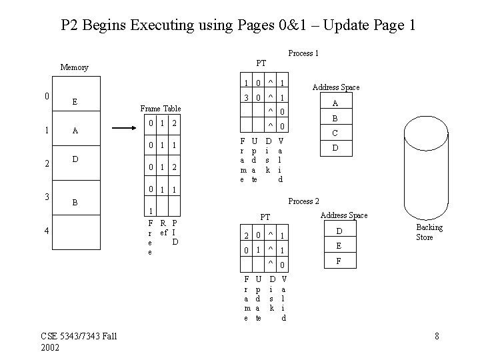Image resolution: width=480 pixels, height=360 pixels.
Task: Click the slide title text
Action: coord(239,25)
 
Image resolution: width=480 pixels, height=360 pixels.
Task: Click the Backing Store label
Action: coord(429,233)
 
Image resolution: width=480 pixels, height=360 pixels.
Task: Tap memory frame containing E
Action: coord(75,102)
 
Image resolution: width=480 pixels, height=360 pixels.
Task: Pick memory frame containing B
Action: coord(75,200)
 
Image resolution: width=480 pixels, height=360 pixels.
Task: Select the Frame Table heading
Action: coord(160,108)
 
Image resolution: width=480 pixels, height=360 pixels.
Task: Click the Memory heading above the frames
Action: coord(74,67)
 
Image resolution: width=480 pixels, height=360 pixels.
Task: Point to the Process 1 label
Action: coord(303,53)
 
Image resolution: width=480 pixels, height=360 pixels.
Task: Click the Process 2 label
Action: coord(303,201)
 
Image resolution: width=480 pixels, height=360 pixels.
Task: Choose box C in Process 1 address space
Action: coord(335,133)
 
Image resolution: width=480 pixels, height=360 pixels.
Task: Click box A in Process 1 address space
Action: coord(335,103)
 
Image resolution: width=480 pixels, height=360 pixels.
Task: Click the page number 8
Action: coord(437,336)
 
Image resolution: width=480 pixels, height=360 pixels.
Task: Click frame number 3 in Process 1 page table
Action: coord(247,97)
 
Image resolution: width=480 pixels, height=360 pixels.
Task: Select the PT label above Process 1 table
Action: coord(261,63)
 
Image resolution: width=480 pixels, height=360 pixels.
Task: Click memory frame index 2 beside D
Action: coord(45,164)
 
